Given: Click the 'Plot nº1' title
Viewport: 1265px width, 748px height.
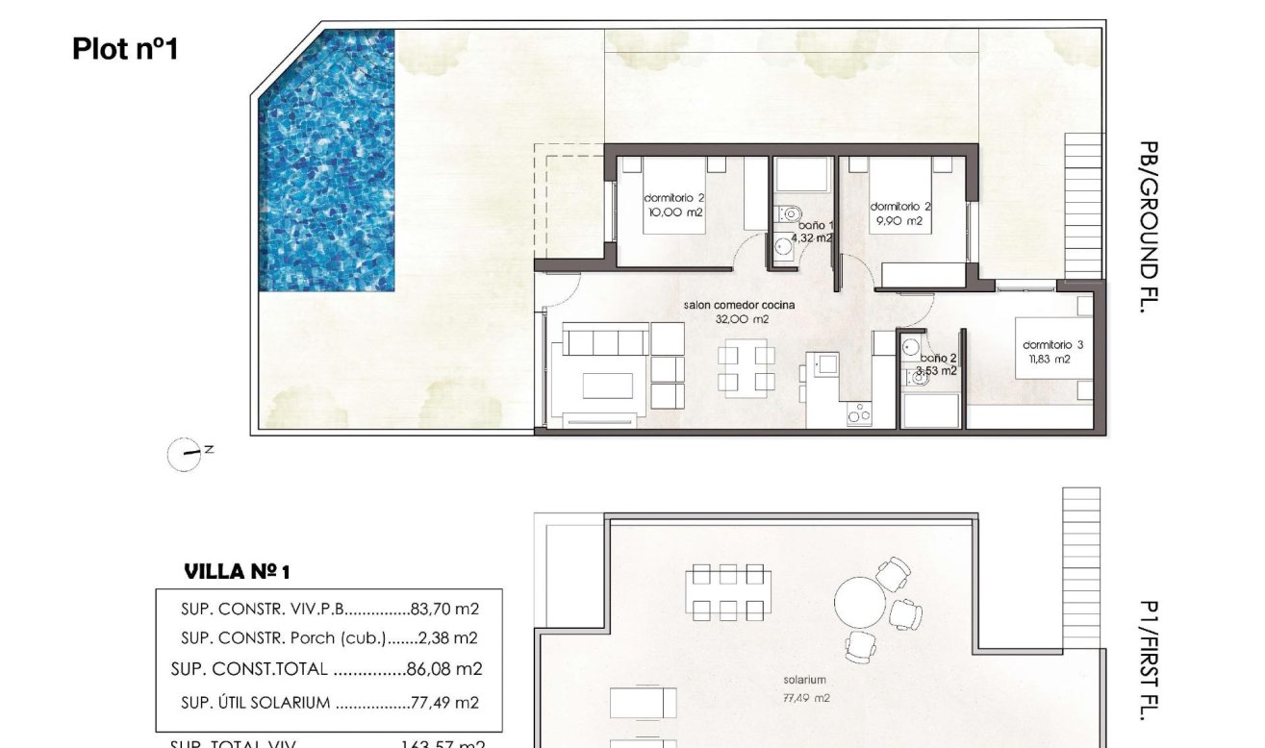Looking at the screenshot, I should (125, 49).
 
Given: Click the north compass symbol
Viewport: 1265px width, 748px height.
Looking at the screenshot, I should (185, 454).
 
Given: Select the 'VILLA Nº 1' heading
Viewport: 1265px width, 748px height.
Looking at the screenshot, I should (237, 572).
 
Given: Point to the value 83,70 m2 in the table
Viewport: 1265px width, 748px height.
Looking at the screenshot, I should (444, 609).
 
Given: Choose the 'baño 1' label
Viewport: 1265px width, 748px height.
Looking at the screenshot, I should (814, 225).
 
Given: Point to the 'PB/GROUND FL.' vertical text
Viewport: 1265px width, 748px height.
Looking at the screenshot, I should (1148, 227).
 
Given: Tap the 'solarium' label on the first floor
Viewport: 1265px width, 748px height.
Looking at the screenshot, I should (804, 680).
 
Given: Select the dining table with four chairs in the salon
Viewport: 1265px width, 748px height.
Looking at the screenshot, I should (746, 369).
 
